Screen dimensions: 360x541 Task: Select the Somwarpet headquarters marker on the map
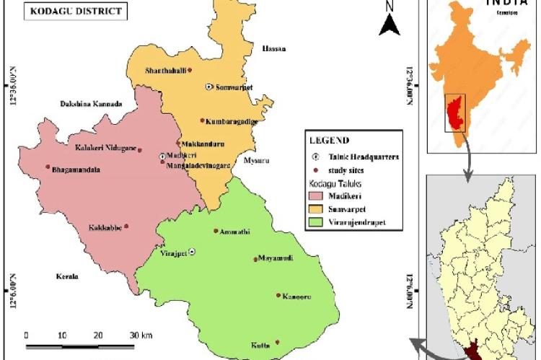pos(208,87)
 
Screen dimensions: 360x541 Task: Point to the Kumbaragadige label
pos(229,121)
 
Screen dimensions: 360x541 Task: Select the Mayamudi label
pos(275,259)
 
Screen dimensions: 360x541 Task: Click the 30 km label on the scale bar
pos(141,335)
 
